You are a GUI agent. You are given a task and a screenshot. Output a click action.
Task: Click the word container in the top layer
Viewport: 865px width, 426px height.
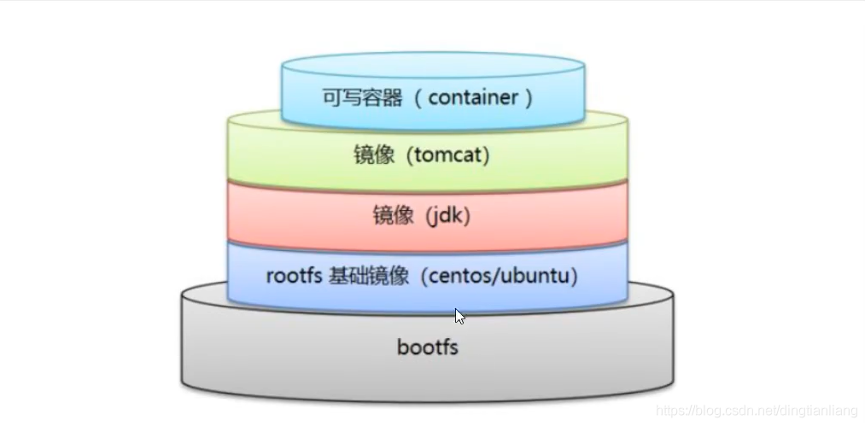point(473,98)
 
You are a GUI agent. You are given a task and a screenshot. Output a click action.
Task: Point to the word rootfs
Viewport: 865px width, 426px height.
point(294,276)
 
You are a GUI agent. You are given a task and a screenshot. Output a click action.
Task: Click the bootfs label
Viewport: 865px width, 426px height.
point(428,347)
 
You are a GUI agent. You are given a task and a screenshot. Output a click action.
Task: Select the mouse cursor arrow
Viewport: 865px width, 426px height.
point(459,316)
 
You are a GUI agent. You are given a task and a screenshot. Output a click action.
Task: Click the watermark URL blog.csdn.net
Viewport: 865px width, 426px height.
point(734,411)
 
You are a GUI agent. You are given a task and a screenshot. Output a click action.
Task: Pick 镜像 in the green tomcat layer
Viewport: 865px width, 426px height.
point(374,156)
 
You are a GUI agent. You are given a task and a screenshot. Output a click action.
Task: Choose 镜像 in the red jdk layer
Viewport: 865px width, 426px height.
point(393,216)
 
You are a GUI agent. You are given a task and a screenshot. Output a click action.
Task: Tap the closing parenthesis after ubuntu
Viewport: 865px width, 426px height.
point(575,276)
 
